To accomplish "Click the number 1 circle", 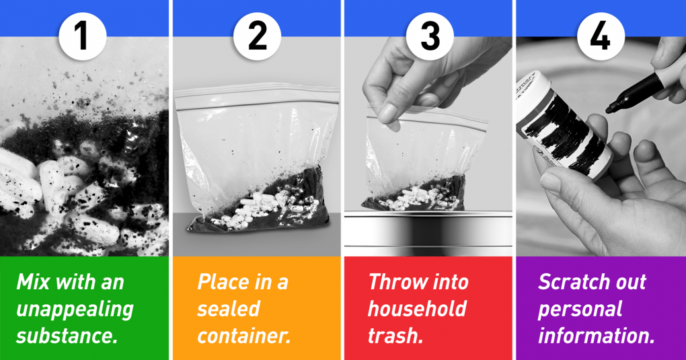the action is pyautogui.click(x=82, y=36).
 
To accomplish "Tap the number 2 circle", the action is pyautogui.click(x=257, y=36).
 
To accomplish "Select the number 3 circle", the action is pyautogui.click(x=430, y=36).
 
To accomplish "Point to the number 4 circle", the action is pyautogui.click(x=601, y=36).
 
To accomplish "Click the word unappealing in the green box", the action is pyautogui.click(x=75, y=310).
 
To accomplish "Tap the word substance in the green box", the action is pyautogui.click(x=67, y=336).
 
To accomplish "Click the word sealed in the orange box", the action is pyautogui.click(x=229, y=309).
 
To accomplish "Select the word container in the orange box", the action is pyautogui.click(x=244, y=336).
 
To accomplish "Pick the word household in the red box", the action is pyautogui.click(x=418, y=309).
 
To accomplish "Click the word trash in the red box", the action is pyautogui.click(x=395, y=336).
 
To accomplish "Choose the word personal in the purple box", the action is pyautogui.click(x=580, y=310).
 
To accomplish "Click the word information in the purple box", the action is pyautogui.click(x=597, y=336).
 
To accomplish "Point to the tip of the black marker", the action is pyautogui.click(x=609, y=110).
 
